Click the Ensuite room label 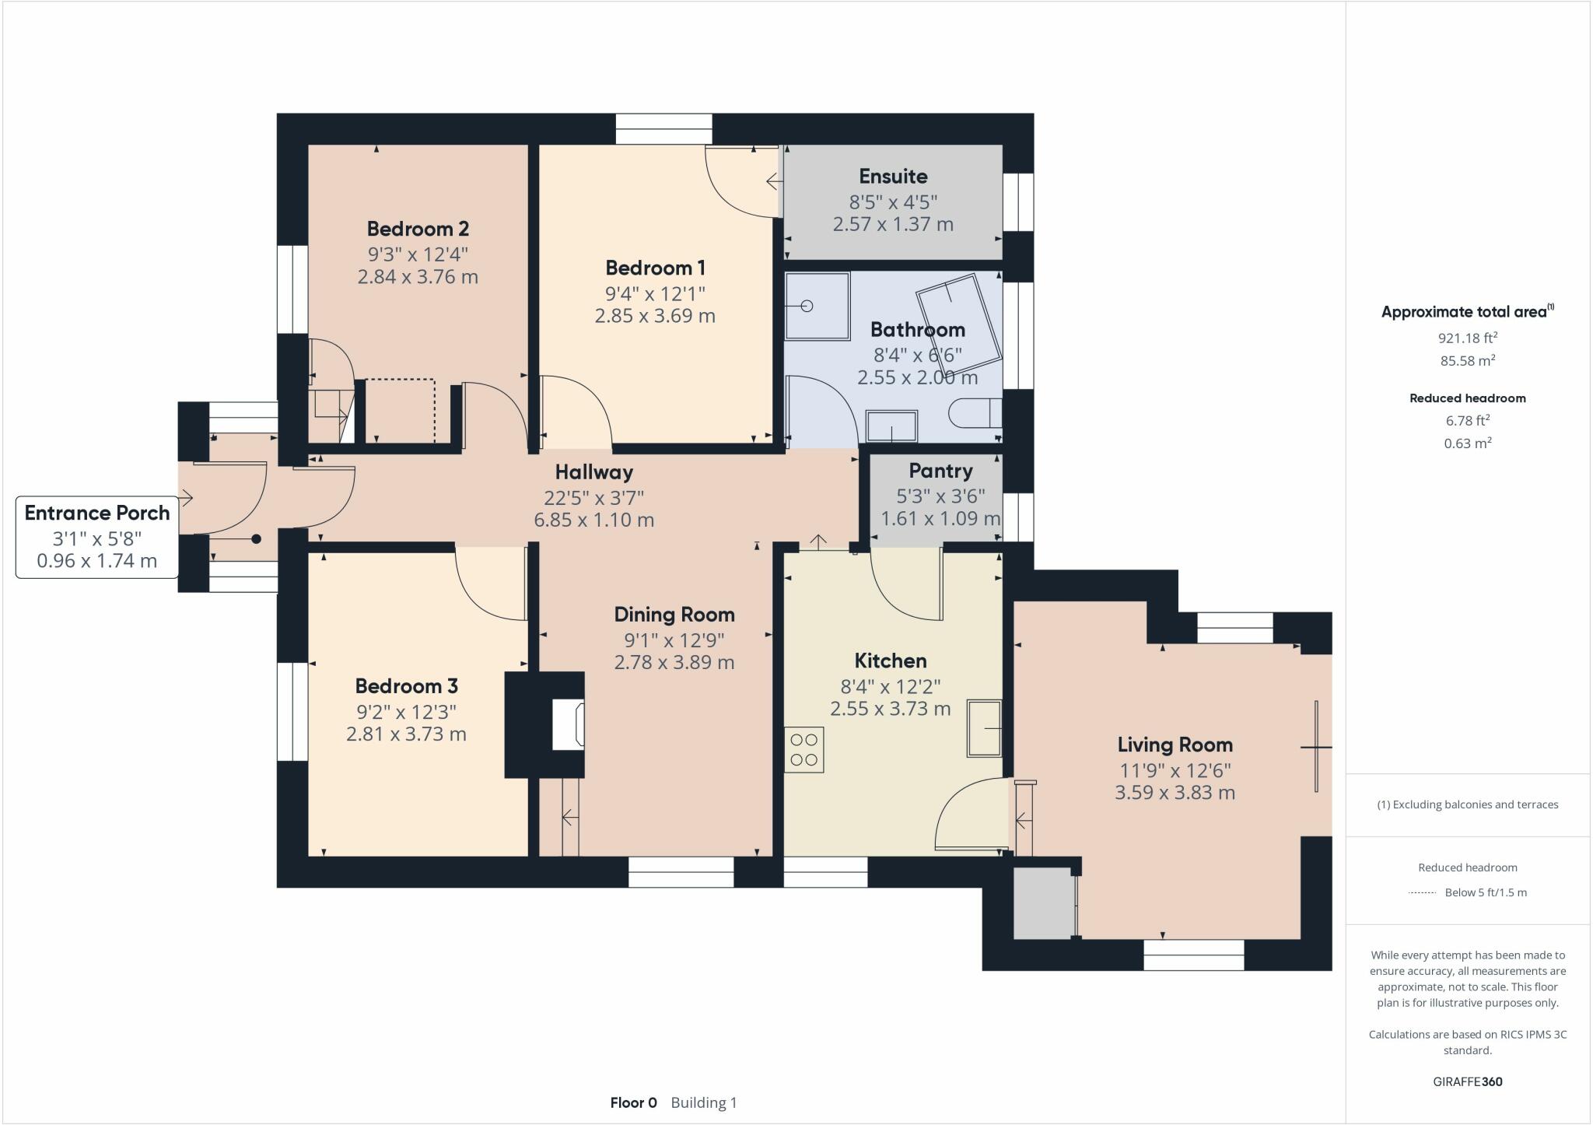(x=893, y=177)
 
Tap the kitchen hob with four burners (x=804, y=750)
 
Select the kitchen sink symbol (x=984, y=728)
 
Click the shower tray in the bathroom (x=816, y=306)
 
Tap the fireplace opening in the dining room (x=567, y=724)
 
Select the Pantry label (x=940, y=471)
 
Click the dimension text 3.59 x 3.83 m (x=1175, y=793)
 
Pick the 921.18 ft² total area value (x=1467, y=338)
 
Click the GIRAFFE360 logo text (x=1467, y=1081)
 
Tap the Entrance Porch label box (x=97, y=537)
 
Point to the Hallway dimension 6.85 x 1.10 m (x=593, y=520)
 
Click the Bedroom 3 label (x=406, y=686)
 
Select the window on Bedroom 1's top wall (x=663, y=129)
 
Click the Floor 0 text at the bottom (x=633, y=1102)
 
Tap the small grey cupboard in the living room (x=1043, y=902)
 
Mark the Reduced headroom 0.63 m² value (x=1467, y=443)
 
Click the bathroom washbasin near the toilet (x=891, y=426)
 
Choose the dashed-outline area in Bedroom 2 (x=400, y=410)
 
